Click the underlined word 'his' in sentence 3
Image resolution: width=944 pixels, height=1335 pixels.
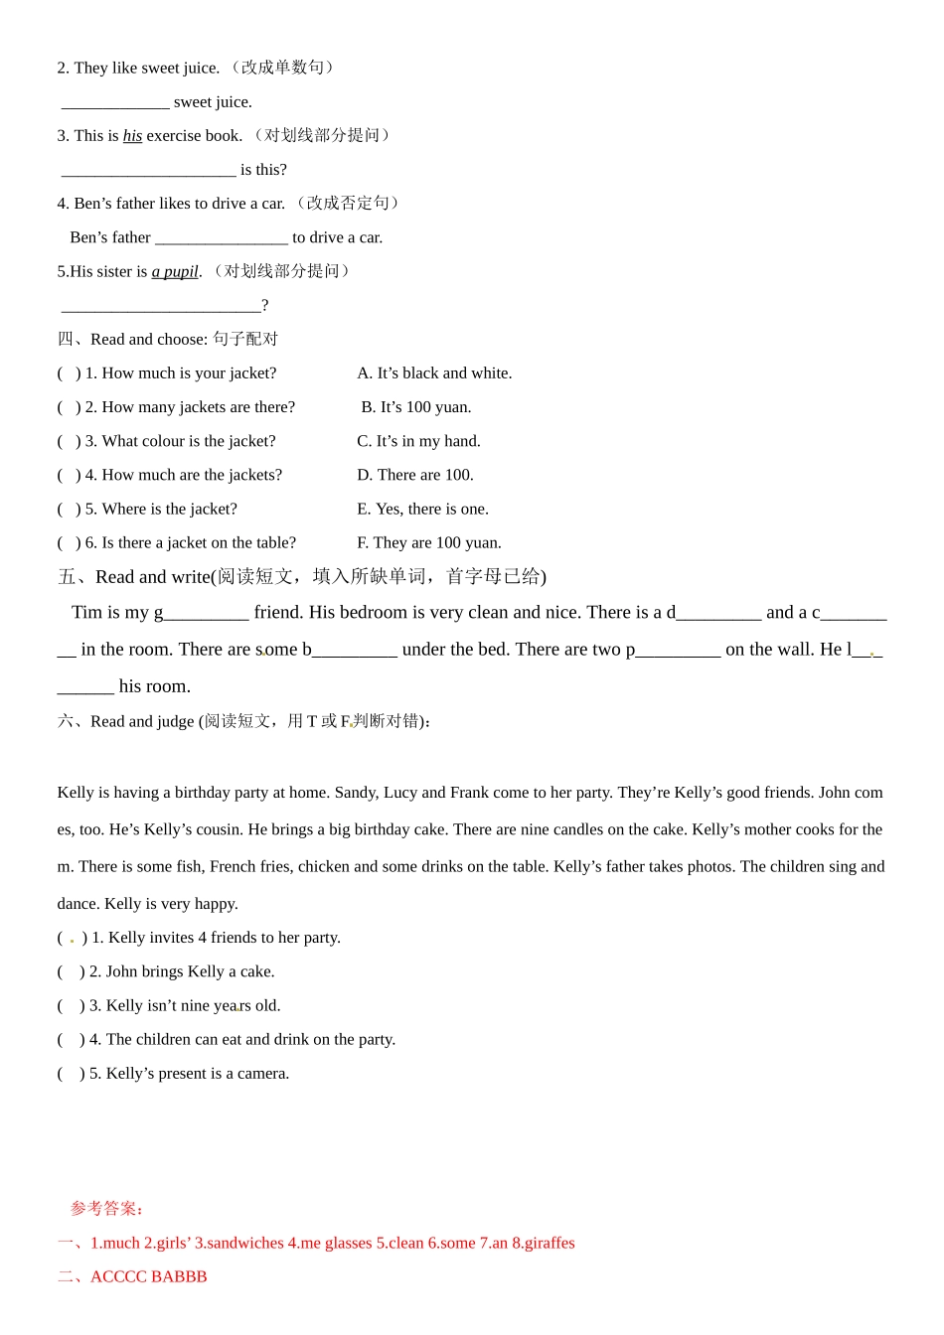pos(132,136)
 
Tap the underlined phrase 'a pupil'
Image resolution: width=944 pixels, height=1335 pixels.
pos(175,271)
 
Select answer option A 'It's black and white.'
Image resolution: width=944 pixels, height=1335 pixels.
pos(434,373)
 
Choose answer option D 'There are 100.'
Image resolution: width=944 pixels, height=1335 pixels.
pos(415,475)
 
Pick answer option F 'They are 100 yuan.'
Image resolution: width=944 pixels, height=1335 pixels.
pos(429,542)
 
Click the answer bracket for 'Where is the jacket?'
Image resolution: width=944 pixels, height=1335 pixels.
pos(69,510)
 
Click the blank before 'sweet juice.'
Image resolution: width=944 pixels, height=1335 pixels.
pos(115,102)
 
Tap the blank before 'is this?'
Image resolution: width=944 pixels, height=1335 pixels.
pos(149,170)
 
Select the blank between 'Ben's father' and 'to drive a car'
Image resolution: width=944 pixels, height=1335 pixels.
pos(222,237)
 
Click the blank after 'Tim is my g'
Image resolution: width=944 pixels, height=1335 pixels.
pos(207,614)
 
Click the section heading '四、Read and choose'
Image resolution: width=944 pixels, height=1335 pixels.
pos(167,340)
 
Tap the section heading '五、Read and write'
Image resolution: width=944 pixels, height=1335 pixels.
pos(301,577)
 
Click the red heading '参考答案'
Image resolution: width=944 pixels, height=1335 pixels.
pos(106,1209)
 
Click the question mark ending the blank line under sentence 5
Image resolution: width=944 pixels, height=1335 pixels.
pos(264,306)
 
